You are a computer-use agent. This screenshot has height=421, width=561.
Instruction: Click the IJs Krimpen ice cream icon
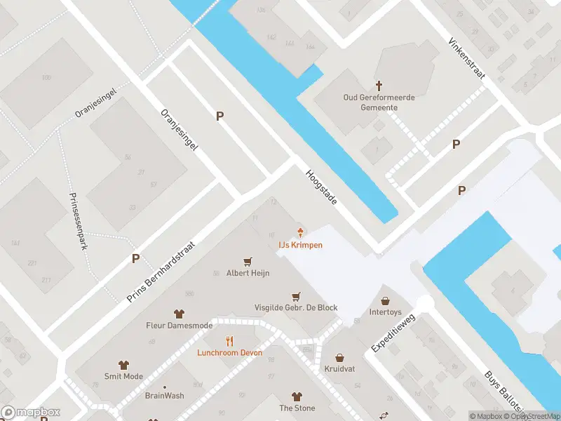click(x=301, y=232)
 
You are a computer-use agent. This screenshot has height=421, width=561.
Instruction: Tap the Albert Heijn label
click(x=247, y=273)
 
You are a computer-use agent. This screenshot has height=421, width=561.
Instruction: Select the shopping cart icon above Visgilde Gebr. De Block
click(x=296, y=296)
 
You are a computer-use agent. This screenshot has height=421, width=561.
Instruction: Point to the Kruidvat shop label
click(x=339, y=368)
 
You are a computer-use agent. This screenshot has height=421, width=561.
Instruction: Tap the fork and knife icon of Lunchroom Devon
click(x=229, y=341)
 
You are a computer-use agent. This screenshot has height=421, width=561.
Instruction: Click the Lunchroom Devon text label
click(x=229, y=352)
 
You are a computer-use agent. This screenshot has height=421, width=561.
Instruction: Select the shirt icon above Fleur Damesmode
click(x=179, y=314)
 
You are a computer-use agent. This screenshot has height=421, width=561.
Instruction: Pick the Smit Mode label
click(x=123, y=376)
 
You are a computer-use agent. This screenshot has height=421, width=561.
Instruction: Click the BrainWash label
click(x=164, y=396)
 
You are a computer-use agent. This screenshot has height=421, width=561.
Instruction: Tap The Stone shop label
click(x=297, y=408)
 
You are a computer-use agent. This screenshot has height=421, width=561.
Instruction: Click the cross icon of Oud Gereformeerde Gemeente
click(x=379, y=85)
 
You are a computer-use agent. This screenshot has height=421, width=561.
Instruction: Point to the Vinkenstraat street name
click(x=466, y=63)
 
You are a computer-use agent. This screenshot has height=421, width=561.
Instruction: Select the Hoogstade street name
click(x=321, y=187)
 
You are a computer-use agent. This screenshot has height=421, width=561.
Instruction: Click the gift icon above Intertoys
click(x=385, y=300)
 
